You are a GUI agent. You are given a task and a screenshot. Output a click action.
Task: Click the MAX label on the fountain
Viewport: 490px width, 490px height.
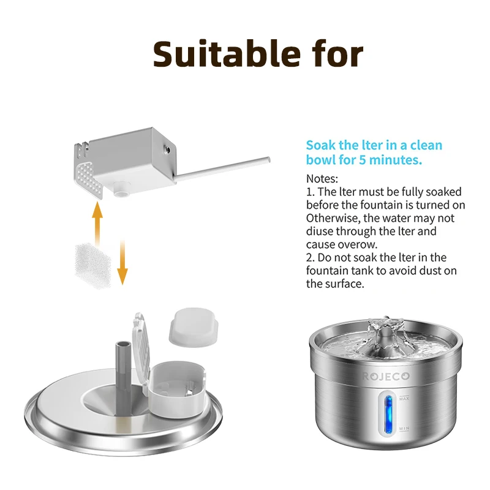tap(404, 399)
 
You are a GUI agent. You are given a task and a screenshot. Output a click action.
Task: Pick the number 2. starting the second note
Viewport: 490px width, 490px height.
tap(310, 257)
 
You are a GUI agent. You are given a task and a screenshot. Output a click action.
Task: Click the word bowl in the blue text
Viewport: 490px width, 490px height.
tap(321, 160)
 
